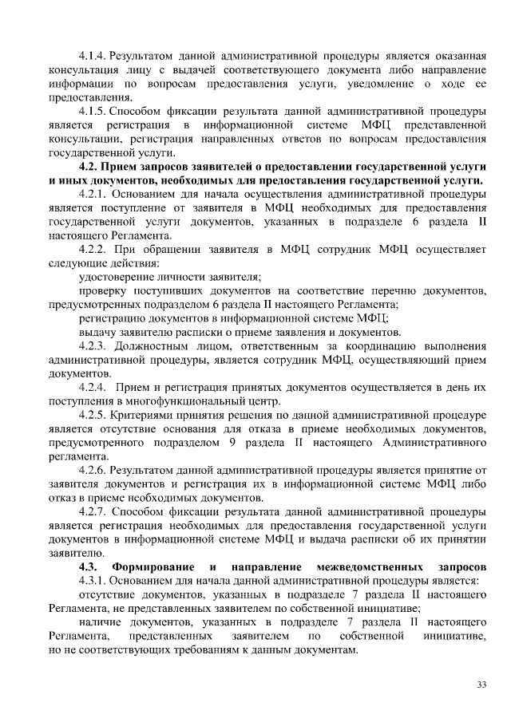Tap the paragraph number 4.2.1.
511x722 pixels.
tap(93, 194)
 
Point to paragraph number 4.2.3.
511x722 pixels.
tap(93, 345)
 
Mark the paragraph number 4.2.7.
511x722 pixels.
tap(93, 511)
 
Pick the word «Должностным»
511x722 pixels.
tap(153, 345)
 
